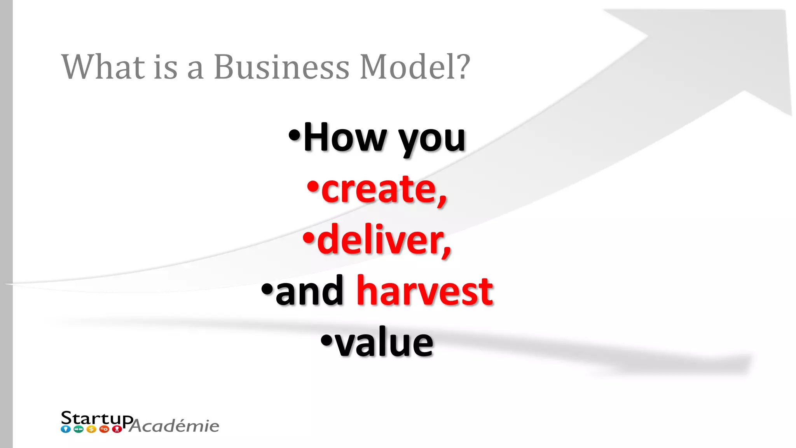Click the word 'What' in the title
pos(103,67)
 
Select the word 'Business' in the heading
pos(281,67)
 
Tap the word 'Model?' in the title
pos(415,67)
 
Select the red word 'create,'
pos(384,189)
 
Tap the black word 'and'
pos(309,291)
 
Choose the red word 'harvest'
pos(425,291)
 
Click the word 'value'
pos(384,342)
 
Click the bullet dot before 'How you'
pos(295,136)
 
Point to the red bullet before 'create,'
pos(312,187)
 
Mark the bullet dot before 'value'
pos(326,340)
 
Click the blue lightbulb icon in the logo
pos(66,429)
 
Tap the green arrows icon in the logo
pos(79,429)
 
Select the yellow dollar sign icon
pos(91,429)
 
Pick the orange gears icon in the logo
pos(104,429)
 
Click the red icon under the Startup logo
pos(117,429)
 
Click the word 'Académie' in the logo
pos(175,426)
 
